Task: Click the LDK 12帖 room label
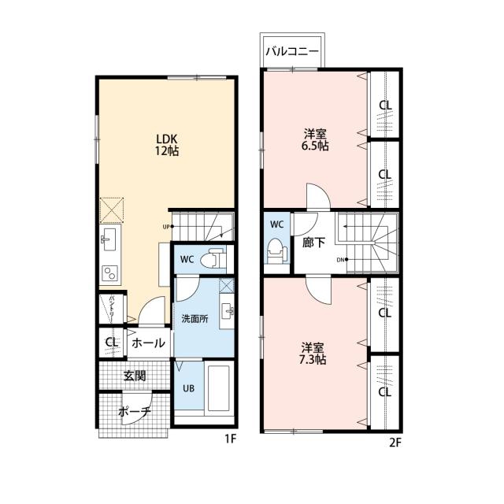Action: (x=167, y=145)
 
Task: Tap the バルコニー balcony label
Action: (x=292, y=52)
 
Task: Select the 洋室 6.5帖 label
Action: (x=315, y=140)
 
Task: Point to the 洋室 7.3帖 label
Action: (x=313, y=354)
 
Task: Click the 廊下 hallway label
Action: (x=313, y=243)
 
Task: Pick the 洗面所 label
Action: (x=195, y=319)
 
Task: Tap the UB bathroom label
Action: (x=189, y=388)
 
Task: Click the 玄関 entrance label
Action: (x=135, y=376)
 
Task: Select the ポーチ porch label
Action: (x=135, y=411)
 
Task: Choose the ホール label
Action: (x=148, y=343)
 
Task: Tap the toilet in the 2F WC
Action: (x=277, y=251)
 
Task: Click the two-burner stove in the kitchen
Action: (x=110, y=273)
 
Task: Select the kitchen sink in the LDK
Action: (x=108, y=239)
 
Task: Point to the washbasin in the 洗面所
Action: (x=227, y=311)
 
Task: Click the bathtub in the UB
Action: (x=219, y=388)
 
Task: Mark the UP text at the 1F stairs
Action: (x=166, y=227)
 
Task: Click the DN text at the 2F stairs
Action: (x=340, y=260)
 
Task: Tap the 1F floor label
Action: (x=231, y=439)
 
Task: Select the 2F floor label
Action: (x=395, y=443)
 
